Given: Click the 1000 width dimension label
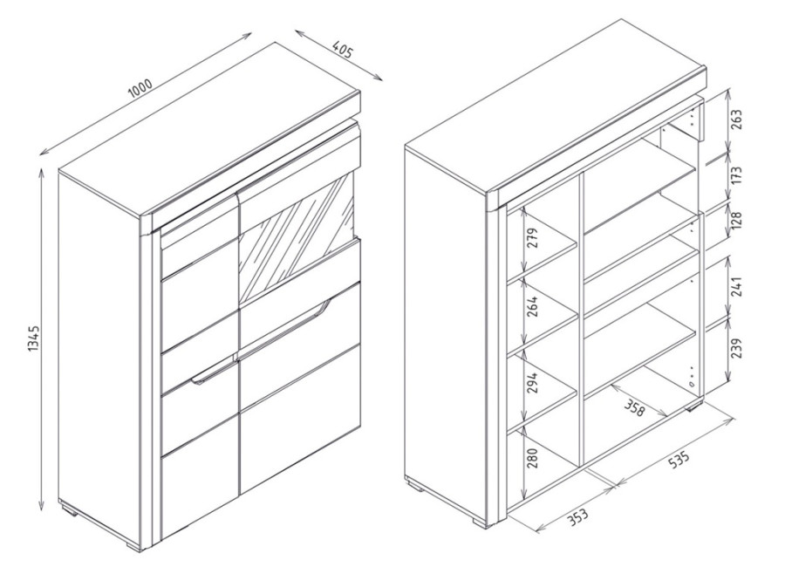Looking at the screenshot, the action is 140,88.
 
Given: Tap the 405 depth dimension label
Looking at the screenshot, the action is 343,51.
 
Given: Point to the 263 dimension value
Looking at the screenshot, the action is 737,120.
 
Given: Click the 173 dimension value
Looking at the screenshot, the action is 737,176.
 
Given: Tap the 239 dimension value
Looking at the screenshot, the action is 737,348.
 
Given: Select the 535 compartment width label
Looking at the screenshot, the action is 679,460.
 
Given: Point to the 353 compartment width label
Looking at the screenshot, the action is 578,516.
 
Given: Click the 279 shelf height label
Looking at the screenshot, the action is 532,239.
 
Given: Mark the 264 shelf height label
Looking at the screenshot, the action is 532,306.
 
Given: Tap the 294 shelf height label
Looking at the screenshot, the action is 532,382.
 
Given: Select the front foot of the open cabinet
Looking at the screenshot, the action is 481,521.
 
